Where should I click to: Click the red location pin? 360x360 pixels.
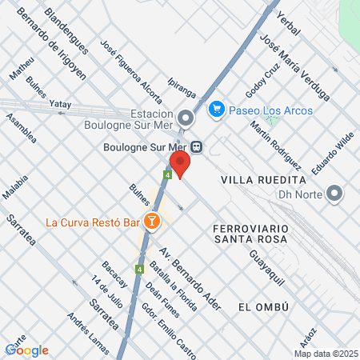[180, 163]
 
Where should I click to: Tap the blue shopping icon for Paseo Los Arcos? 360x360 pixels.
[215, 108]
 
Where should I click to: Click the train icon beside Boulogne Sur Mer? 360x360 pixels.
[196, 146]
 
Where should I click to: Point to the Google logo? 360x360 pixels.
[27, 350]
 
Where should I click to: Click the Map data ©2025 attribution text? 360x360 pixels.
[326, 354]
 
